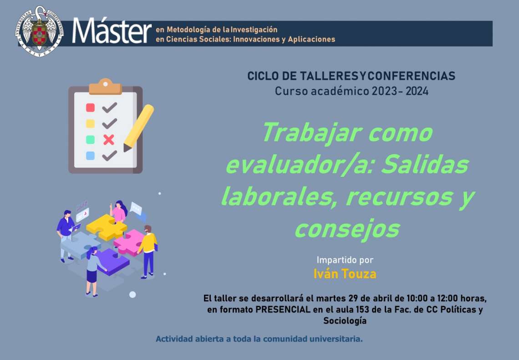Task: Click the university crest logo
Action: tap(40, 31)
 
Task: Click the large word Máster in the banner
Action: tap(112, 31)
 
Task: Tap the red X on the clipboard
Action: tap(108, 140)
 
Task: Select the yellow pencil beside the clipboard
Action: tap(138, 128)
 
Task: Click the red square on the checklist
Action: tap(90, 108)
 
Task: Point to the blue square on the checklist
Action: tap(90, 156)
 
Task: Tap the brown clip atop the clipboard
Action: tap(105, 87)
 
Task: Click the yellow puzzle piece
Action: tap(107, 227)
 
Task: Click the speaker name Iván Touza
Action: tap(345, 274)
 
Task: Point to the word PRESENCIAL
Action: tap(283, 309)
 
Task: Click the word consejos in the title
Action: tap(347, 229)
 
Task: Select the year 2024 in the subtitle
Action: tap(417, 91)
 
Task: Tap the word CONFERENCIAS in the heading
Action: tap(412, 76)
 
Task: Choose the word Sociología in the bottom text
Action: tap(345, 321)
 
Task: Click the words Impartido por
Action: tap(345, 260)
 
